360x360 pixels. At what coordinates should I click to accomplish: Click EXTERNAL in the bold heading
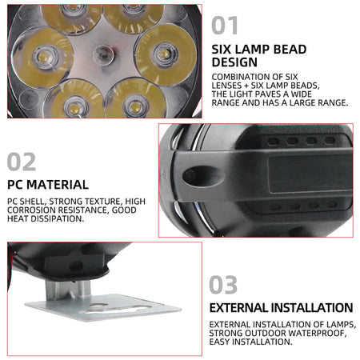[x=242, y=307]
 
